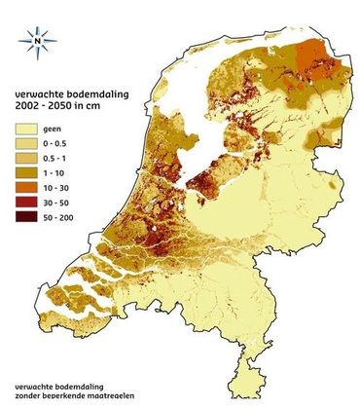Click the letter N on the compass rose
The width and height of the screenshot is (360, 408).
pos(37,41)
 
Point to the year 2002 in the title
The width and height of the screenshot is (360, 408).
pos(28,105)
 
